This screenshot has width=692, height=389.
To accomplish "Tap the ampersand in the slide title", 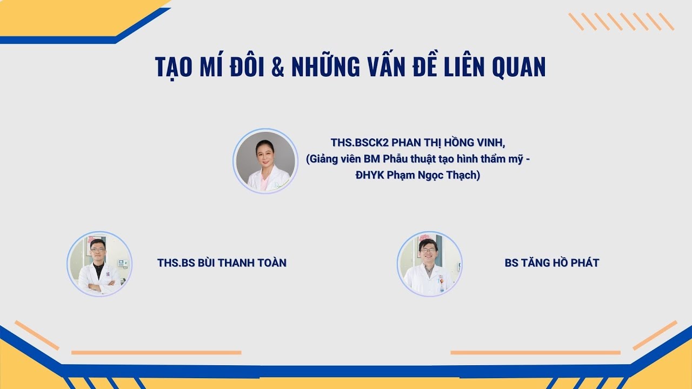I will [278, 67].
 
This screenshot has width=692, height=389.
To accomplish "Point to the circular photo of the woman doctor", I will [265, 161].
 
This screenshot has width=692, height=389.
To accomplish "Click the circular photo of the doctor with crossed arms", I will [99, 264].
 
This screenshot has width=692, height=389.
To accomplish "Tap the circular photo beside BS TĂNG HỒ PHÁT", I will [429, 264].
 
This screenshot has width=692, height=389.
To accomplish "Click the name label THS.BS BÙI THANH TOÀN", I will [222, 263].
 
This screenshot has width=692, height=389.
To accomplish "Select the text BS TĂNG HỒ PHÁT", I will [551, 263].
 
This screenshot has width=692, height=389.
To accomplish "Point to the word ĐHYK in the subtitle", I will [371, 176].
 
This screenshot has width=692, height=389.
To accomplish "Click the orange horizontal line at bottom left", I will [156, 353].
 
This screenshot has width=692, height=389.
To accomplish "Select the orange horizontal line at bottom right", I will [535, 353].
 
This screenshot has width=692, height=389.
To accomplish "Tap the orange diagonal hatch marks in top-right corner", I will [621, 22].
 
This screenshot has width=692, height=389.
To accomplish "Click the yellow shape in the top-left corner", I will [54, 16].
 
